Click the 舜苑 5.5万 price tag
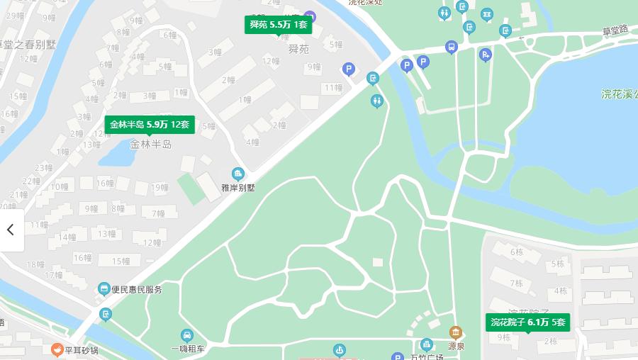pyautogui.click(x=279, y=25)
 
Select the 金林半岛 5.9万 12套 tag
pyautogui.click(x=149, y=125)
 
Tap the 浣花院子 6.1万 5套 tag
pyautogui.click(x=528, y=322)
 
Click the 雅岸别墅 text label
pyautogui.click(x=237, y=188)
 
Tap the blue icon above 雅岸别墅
pyautogui.click(x=237, y=174)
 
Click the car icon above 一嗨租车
pyautogui.click(x=186, y=335)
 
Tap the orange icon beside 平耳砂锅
pyautogui.click(x=57, y=349)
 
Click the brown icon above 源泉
pyautogui.click(x=455, y=332)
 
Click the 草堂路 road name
pyautogui.click(x=615, y=30)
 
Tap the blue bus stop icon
pyautogui.click(x=451, y=47)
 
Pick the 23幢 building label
pyautogui.click(x=43, y=168)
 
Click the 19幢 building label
pyautogui.click(x=159, y=188)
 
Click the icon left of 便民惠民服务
pyautogui.click(x=104, y=288)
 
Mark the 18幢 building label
pyautogui.click(x=35, y=264)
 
